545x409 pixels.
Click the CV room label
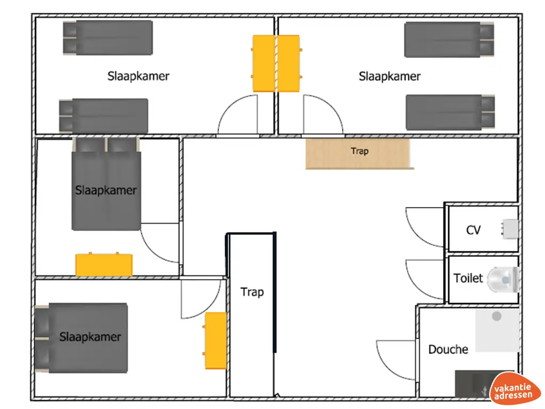point(473,230)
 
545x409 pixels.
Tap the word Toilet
point(468,278)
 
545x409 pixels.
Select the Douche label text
point(448,349)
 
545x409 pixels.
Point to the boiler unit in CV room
point(509,229)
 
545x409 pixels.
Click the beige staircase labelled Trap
point(359,153)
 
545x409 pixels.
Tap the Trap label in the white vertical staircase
point(252,292)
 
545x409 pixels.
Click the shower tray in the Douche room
point(497,330)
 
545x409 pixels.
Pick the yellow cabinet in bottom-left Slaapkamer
point(216,340)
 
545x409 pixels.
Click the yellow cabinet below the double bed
point(104,265)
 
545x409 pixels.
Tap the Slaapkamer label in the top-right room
point(390,77)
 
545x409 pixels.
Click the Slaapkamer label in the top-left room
point(138,76)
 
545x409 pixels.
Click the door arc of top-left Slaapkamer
point(237,116)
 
